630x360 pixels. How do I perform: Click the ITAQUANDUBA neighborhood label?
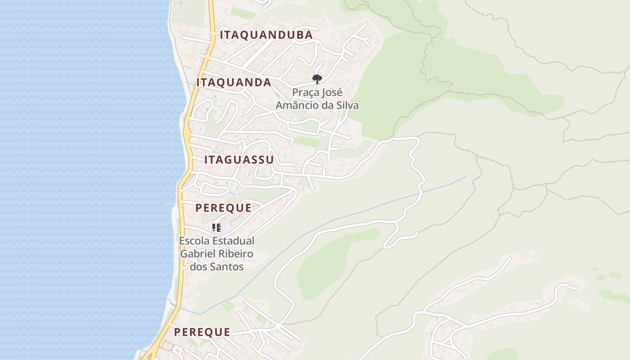point(266,35)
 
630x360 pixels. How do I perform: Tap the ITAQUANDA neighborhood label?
point(234,82)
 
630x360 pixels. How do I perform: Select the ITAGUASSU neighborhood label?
point(239,160)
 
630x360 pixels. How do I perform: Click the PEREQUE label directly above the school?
point(223,207)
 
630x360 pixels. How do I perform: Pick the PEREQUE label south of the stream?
point(202,332)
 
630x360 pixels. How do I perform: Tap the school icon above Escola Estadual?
point(216,228)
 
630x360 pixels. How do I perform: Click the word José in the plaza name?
point(333,93)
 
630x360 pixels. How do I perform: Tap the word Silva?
point(348,105)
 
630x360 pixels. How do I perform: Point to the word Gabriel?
point(197,254)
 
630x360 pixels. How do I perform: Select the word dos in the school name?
point(198,267)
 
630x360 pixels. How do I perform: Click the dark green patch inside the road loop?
point(333,261)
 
